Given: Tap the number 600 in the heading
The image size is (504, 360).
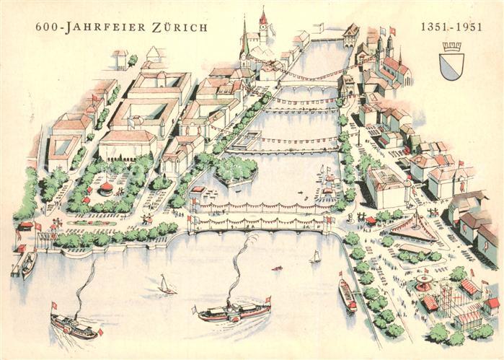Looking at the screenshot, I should [x=46, y=27].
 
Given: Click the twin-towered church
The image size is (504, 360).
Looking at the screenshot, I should [x=384, y=51].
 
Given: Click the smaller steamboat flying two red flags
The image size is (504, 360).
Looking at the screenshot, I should [x=74, y=327].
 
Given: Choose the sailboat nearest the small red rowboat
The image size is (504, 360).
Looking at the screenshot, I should [x=315, y=257].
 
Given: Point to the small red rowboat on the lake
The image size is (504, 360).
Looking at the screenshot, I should [x=277, y=268].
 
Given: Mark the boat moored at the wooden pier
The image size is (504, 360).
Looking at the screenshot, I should [x=29, y=264].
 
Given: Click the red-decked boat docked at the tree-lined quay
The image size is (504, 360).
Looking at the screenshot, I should [x=348, y=294].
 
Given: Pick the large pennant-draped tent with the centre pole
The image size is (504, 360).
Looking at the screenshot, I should [x=415, y=228].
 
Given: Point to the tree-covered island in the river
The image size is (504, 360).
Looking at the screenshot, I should [x=234, y=170].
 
